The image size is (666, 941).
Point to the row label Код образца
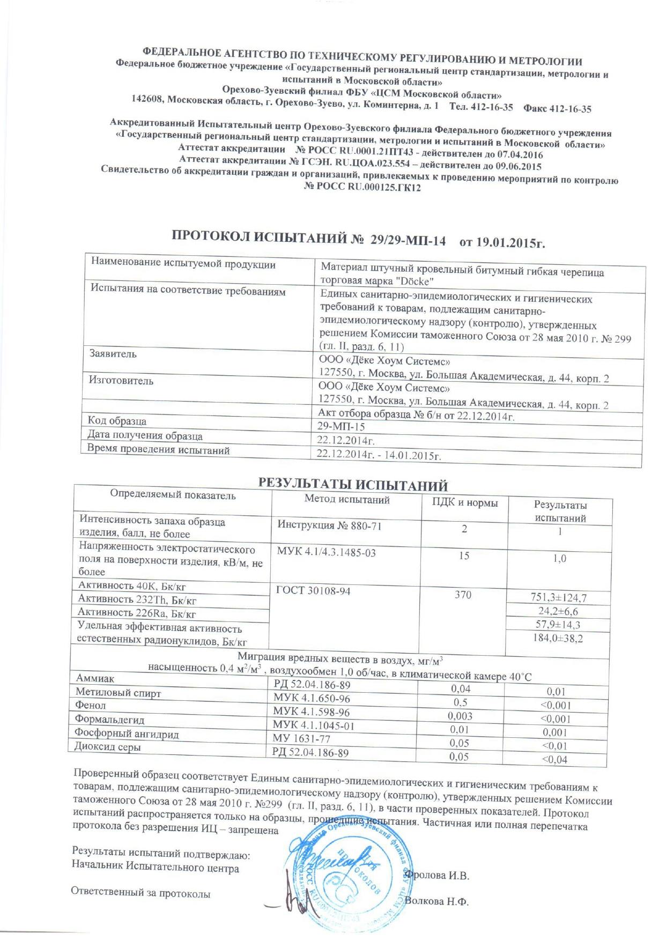click(117, 421)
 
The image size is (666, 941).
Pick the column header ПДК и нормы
click(464, 503)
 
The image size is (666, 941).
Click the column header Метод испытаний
click(347, 499)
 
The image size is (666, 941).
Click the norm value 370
click(463, 594)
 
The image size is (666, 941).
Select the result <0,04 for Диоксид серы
click(554, 759)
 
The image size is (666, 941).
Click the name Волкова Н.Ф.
click(437, 901)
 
